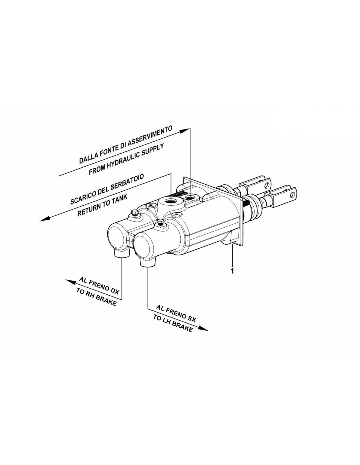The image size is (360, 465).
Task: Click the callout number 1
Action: click(232, 271)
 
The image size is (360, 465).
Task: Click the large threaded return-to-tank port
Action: click(171, 201)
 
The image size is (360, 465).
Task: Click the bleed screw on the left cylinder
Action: click(135, 213)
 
